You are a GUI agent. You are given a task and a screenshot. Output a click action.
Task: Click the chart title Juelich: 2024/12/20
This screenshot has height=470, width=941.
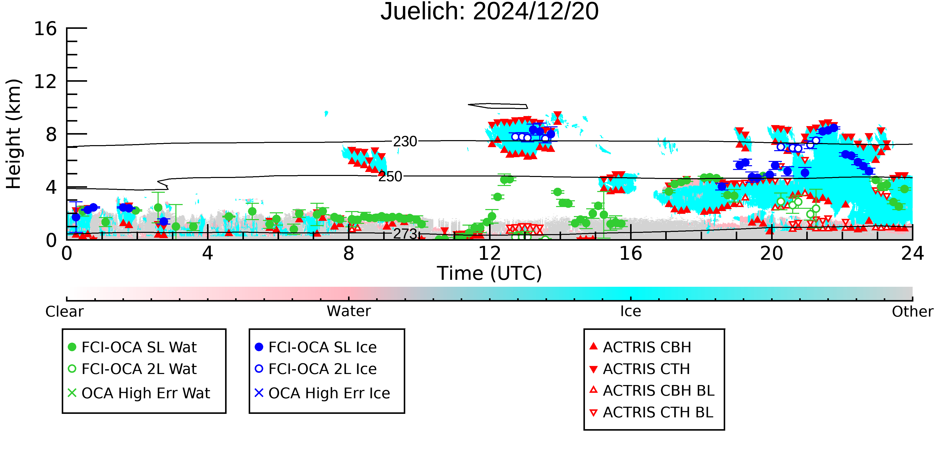[490, 12]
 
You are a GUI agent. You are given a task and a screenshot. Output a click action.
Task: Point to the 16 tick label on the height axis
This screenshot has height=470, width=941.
[46, 29]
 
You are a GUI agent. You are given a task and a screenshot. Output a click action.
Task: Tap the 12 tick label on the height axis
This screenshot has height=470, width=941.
[46, 81]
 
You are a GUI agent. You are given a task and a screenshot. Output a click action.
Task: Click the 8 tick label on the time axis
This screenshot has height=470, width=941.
[349, 253]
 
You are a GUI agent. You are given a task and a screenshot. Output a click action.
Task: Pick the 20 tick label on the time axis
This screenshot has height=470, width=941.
[772, 253]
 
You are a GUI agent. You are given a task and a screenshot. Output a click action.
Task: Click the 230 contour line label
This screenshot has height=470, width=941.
[405, 142]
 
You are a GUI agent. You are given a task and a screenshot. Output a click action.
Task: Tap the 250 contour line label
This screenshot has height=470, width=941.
[390, 177]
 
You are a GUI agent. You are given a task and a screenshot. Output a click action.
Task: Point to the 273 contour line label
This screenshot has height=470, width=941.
[405, 234]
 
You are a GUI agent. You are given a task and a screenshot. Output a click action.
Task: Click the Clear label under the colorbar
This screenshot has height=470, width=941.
[64, 312]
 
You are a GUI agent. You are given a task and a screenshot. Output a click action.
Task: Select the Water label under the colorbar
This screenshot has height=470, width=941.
[349, 311]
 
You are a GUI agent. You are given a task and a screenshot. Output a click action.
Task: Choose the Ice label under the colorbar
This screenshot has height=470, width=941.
[631, 311]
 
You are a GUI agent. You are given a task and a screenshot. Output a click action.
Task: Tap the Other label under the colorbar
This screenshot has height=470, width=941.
[912, 312]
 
